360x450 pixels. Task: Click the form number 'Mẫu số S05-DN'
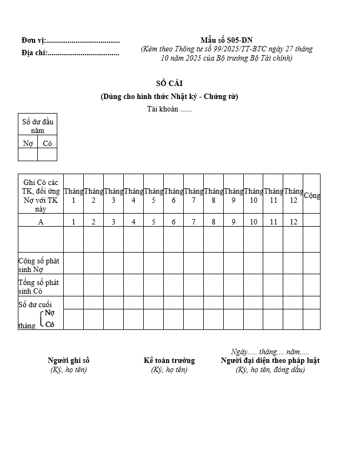click(226, 40)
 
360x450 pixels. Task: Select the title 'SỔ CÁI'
click(169, 83)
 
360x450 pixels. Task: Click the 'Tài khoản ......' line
click(169, 109)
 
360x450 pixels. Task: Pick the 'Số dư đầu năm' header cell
click(37, 125)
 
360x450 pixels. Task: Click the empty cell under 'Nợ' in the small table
click(28, 155)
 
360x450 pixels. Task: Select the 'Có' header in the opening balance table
click(47, 143)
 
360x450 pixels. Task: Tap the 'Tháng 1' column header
click(74, 195)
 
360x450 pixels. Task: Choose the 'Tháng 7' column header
click(194, 195)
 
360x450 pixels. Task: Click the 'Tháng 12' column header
click(294, 195)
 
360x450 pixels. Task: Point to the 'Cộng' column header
click(312, 195)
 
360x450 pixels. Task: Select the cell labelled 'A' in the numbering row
click(41, 221)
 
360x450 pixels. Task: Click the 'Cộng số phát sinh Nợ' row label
click(39, 264)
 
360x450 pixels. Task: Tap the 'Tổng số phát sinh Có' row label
click(39, 287)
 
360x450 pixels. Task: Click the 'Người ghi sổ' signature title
click(69, 360)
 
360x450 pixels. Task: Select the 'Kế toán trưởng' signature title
click(169, 360)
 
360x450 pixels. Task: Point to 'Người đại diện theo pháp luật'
click(270, 360)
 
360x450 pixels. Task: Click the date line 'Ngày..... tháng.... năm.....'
click(270, 352)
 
